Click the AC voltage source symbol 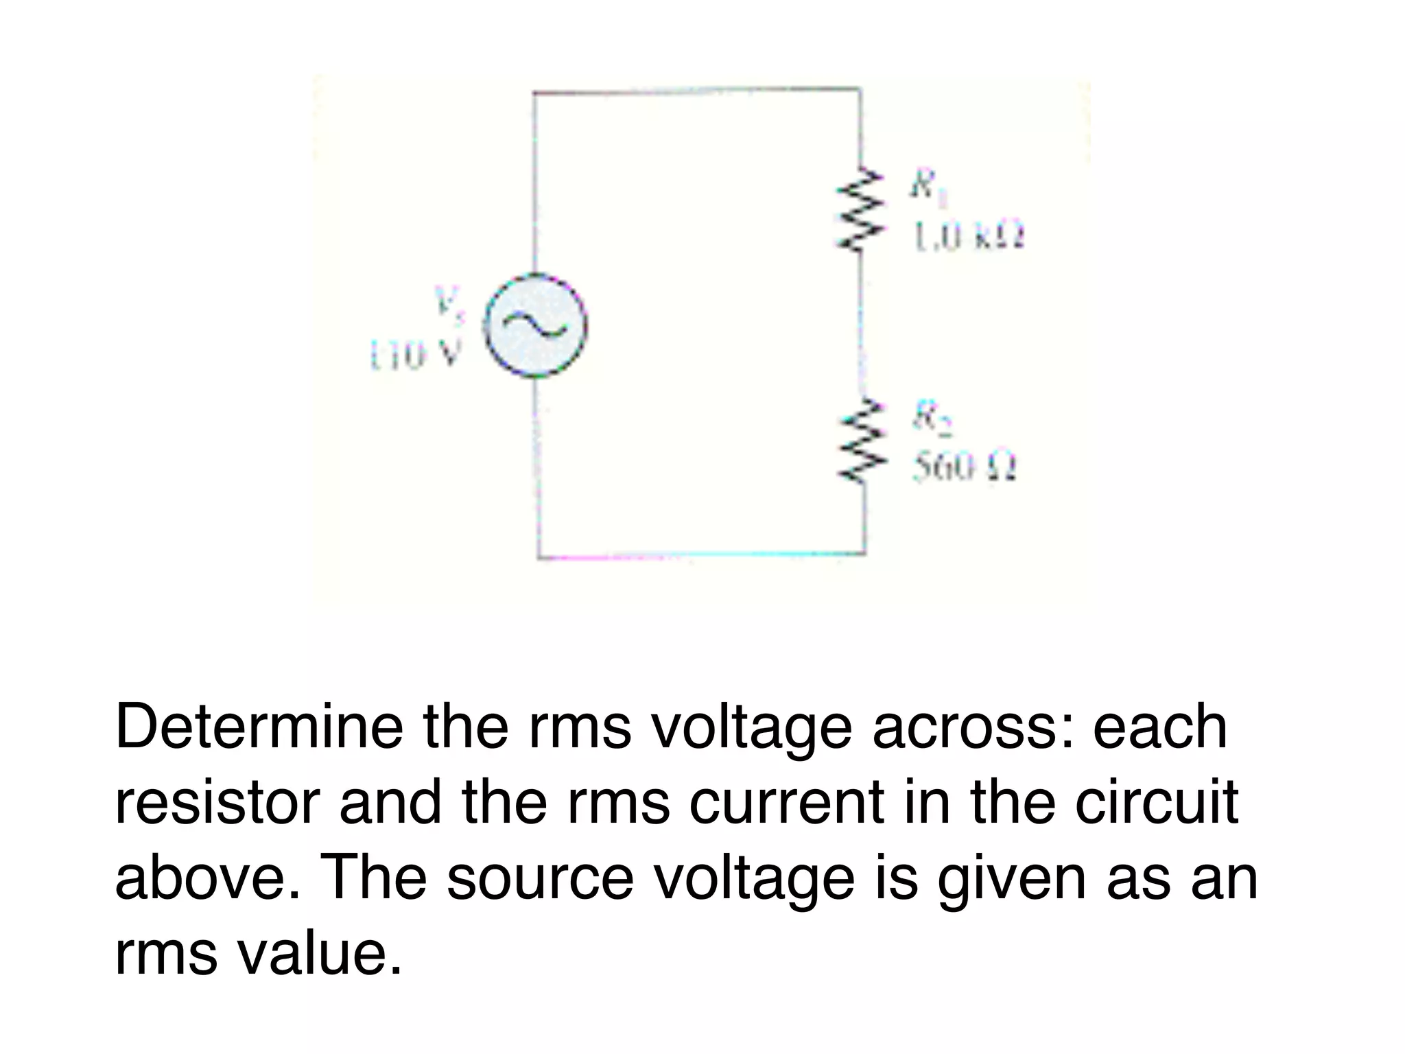(536, 326)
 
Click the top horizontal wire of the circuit (696, 91)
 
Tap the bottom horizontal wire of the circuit (700, 554)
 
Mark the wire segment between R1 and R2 (862, 323)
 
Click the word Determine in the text (259, 727)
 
